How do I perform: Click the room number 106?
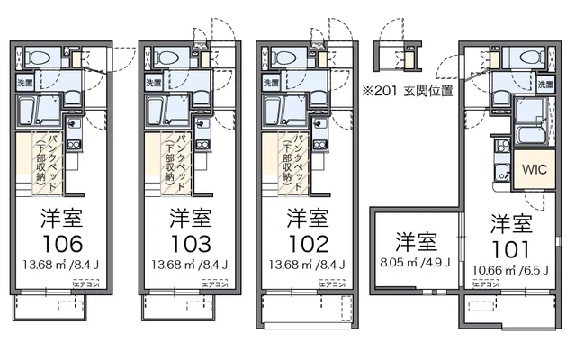tap(62, 244)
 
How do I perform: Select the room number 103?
tap(191, 244)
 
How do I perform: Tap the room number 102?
tap(308, 244)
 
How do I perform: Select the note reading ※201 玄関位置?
tap(407, 91)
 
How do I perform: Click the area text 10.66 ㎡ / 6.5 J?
tap(511, 269)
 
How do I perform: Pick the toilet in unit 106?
tap(40, 58)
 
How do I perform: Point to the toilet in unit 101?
tap(521, 58)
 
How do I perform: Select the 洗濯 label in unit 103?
tap(153, 84)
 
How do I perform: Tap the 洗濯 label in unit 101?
tap(544, 84)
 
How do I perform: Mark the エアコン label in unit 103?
tap(213, 283)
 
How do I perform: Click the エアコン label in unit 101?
tap(486, 283)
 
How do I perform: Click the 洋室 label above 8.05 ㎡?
tap(415, 242)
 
